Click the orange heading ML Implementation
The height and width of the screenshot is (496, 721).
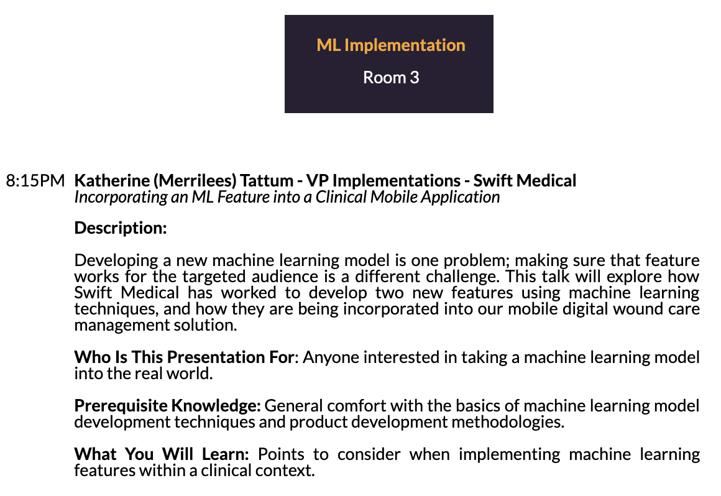click(391, 45)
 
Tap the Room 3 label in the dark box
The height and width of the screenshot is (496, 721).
click(391, 77)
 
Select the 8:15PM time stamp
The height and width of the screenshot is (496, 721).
click(35, 180)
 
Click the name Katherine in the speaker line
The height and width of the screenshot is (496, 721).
click(112, 180)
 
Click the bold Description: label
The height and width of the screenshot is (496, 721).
click(121, 228)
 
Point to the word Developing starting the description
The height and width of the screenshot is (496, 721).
click(116, 260)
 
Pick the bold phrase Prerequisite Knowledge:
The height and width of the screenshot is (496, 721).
click(167, 406)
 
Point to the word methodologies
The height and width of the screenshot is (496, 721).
click(508, 422)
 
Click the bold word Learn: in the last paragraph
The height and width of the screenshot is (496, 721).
click(225, 454)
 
